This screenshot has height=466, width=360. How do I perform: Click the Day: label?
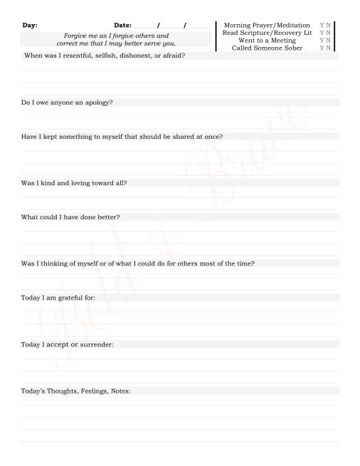(x=30, y=26)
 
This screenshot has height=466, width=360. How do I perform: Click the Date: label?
(x=123, y=26)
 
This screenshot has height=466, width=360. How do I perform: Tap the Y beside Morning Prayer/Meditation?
(x=322, y=26)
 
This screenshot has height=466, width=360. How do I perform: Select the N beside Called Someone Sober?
(x=328, y=48)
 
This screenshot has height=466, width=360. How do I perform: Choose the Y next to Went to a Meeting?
(x=322, y=41)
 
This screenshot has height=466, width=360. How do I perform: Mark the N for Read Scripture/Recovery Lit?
(x=328, y=33)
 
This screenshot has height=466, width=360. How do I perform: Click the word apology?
(x=99, y=102)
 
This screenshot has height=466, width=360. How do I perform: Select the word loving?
(x=88, y=183)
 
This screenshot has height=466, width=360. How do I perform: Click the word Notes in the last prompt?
(x=120, y=391)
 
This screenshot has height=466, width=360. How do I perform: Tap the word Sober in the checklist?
(x=290, y=48)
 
